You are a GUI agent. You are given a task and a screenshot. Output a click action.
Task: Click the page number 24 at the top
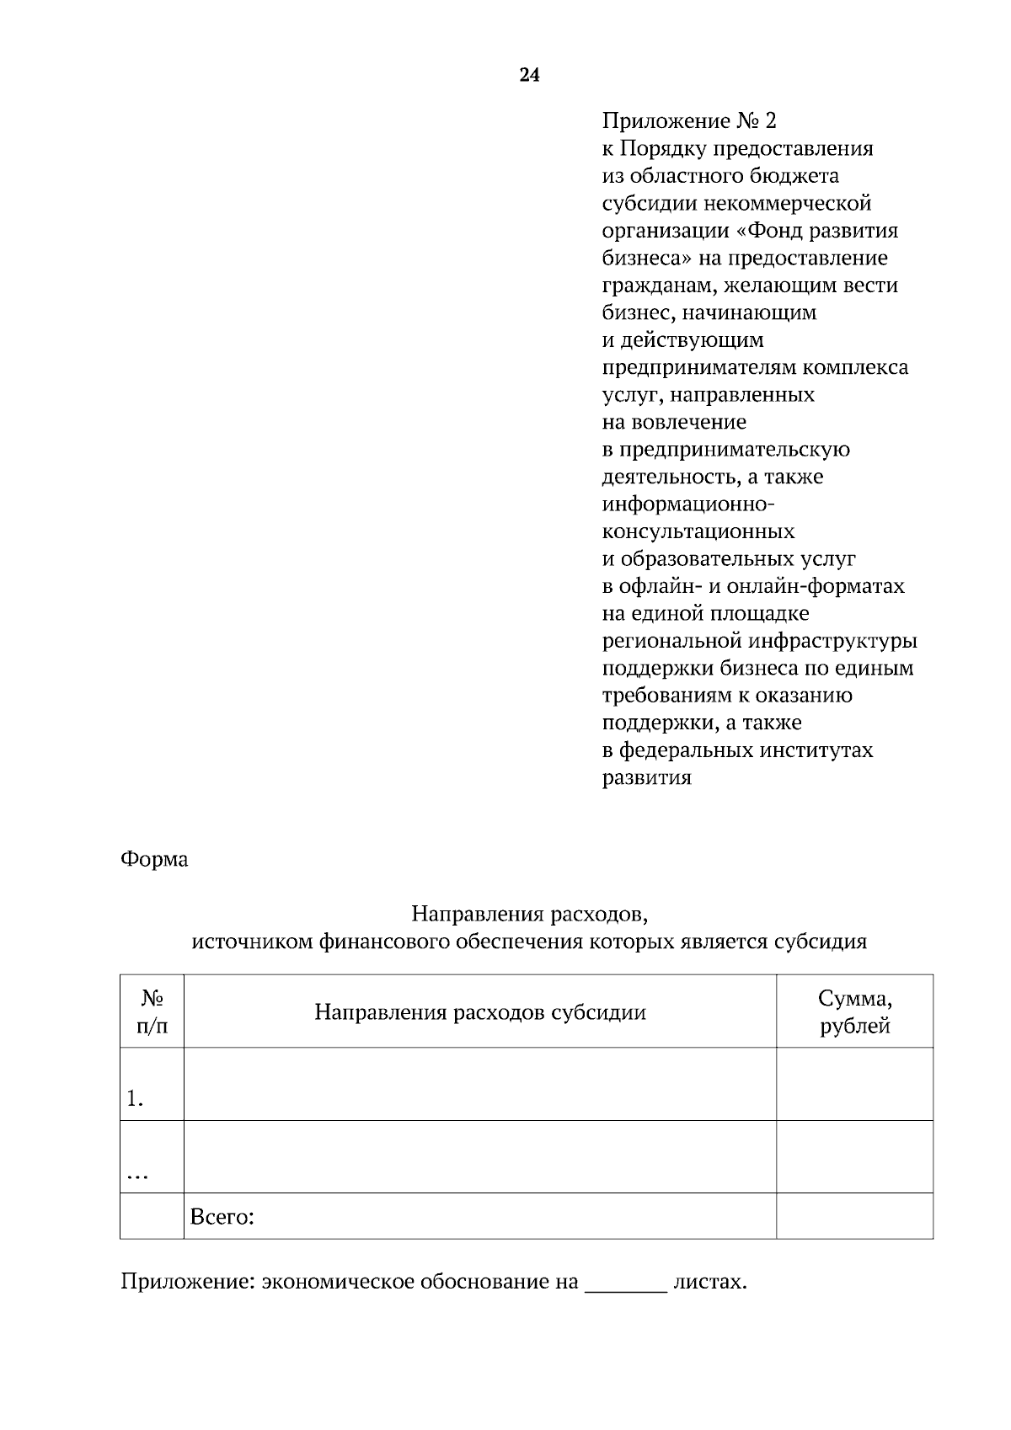point(529,76)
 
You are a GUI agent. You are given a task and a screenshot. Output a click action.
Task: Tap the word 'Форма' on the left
point(154,860)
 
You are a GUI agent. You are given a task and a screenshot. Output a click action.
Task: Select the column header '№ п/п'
point(152,1011)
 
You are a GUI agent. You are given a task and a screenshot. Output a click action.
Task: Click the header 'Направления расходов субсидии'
point(479,1012)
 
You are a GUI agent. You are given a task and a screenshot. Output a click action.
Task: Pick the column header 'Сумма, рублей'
point(854,1012)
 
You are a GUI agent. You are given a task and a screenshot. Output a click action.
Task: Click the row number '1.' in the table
point(135,1099)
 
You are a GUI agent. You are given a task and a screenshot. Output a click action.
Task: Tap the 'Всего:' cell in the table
point(222,1217)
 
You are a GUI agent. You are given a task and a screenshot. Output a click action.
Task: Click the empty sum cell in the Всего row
point(854,1216)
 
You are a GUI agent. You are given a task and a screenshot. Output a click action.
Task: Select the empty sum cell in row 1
point(854,1085)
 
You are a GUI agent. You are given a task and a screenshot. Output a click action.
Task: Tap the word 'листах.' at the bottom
point(710,1283)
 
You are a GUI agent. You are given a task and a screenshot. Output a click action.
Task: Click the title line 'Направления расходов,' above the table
point(529,914)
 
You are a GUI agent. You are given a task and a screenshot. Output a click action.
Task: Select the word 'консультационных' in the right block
point(698,532)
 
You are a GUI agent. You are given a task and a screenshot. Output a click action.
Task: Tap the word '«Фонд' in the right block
point(765,231)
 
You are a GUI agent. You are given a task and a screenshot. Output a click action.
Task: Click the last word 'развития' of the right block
point(646,778)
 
